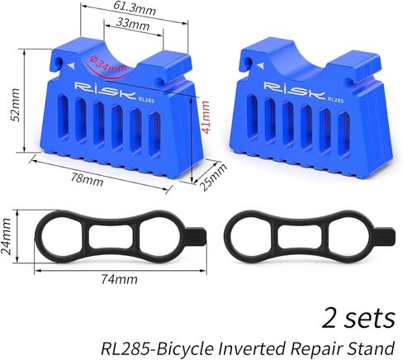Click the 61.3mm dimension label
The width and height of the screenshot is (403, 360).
click(x=135, y=9)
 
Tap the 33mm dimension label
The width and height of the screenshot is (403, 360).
click(x=133, y=24)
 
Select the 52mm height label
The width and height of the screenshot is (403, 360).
click(x=14, y=105)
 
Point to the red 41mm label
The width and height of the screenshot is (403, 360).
click(x=206, y=117)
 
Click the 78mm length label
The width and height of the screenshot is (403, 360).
click(x=87, y=179)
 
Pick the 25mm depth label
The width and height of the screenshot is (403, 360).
click(x=212, y=177)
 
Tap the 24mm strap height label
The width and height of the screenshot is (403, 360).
click(x=6, y=236)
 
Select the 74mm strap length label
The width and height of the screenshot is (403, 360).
click(x=119, y=279)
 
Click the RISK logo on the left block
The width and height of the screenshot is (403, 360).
click(x=105, y=90)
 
